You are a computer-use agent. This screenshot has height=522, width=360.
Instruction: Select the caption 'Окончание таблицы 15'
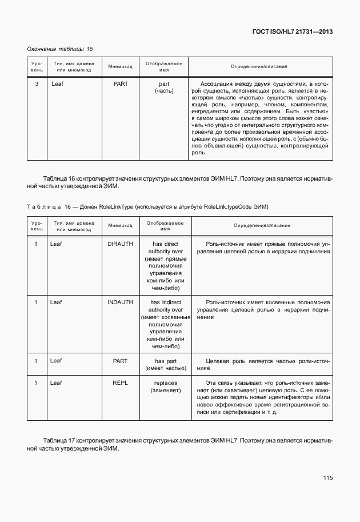click(x=60, y=49)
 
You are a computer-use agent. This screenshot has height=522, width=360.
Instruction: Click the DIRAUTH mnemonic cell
click(x=120, y=244)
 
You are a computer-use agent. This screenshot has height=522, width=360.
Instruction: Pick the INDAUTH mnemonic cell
click(x=120, y=302)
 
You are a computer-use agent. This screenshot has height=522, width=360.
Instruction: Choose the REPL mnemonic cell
click(x=120, y=382)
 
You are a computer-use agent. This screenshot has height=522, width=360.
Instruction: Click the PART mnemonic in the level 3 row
click(x=121, y=84)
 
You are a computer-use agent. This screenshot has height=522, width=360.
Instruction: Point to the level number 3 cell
click(x=37, y=84)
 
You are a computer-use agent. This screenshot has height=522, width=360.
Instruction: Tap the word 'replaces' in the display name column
click(x=166, y=382)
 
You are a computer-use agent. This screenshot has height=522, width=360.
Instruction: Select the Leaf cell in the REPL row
click(x=56, y=382)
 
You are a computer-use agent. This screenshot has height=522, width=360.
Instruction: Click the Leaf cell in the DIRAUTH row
click(x=56, y=244)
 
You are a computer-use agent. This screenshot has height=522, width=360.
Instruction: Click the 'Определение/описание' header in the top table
click(x=259, y=67)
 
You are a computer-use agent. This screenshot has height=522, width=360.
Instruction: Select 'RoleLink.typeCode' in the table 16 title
click(x=228, y=206)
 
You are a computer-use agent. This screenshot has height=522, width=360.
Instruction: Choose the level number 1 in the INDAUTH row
click(x=36, y=302)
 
